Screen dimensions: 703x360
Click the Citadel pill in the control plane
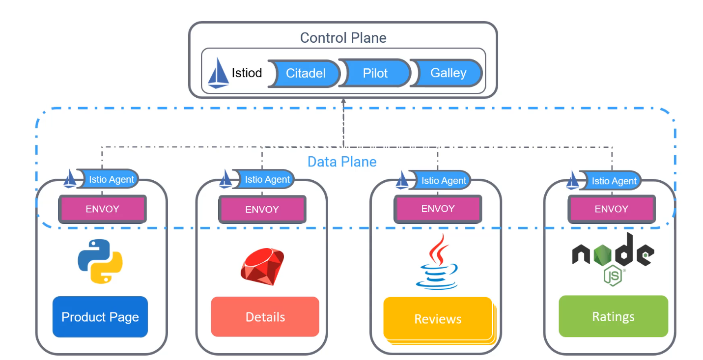pyautogui.click(x=305, y=74)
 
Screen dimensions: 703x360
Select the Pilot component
pyautogui.click(x=375, y=73)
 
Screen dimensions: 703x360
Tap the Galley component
pyautogui.click(x=447, y=73)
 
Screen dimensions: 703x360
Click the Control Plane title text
pyautogui.click(x=343, y=38)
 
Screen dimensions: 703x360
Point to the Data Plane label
pyautogui.click(x=342, y=162)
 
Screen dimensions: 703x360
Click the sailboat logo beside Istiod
pyautogui.click(x=218, y=73)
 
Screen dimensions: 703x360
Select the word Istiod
pyautogui.click(x=247, y=73)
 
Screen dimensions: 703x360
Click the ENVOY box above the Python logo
pyautogui.click(x=102, y=209)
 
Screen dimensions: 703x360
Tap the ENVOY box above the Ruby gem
pyautogui.click(x=262, y=209)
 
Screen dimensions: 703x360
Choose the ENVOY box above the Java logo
pyautogui.click(x=438, y=209)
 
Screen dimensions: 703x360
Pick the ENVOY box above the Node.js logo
pyautogui.click(x=612, y=209)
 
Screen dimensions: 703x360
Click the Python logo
pyautogui.click(x=100, y=261)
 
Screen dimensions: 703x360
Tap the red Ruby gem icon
pyautogui.click(x=262, y=267)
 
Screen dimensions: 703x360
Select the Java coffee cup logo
pyautogui.click(x=437, y=262)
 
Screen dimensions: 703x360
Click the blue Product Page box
pyautogui.click(x=100, y=317)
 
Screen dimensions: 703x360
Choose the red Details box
pyautogui.click(x=265, y=317)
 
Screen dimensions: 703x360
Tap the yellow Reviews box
pyautogui.click(x=438, y=319)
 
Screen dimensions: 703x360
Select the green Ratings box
pyautogui.click(x=613, y=316)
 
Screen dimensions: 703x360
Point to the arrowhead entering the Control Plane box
pyautogui.click(x=343, y=101)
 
